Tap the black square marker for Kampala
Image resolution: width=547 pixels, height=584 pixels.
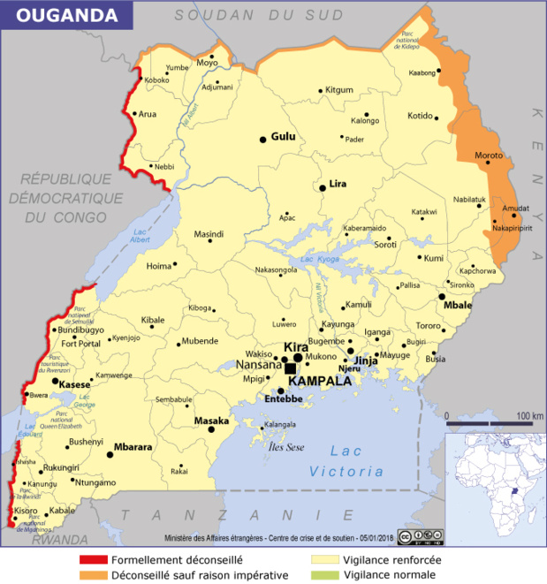(290, 368)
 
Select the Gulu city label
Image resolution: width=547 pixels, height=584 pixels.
(283, 137)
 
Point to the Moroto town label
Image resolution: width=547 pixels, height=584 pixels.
(489, 156)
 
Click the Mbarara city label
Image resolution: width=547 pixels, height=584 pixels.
(135, 447)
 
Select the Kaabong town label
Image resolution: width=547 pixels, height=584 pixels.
(422, 72)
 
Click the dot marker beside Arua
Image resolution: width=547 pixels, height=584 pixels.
(133, 113)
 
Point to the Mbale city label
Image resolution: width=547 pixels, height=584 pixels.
(458, 305)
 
